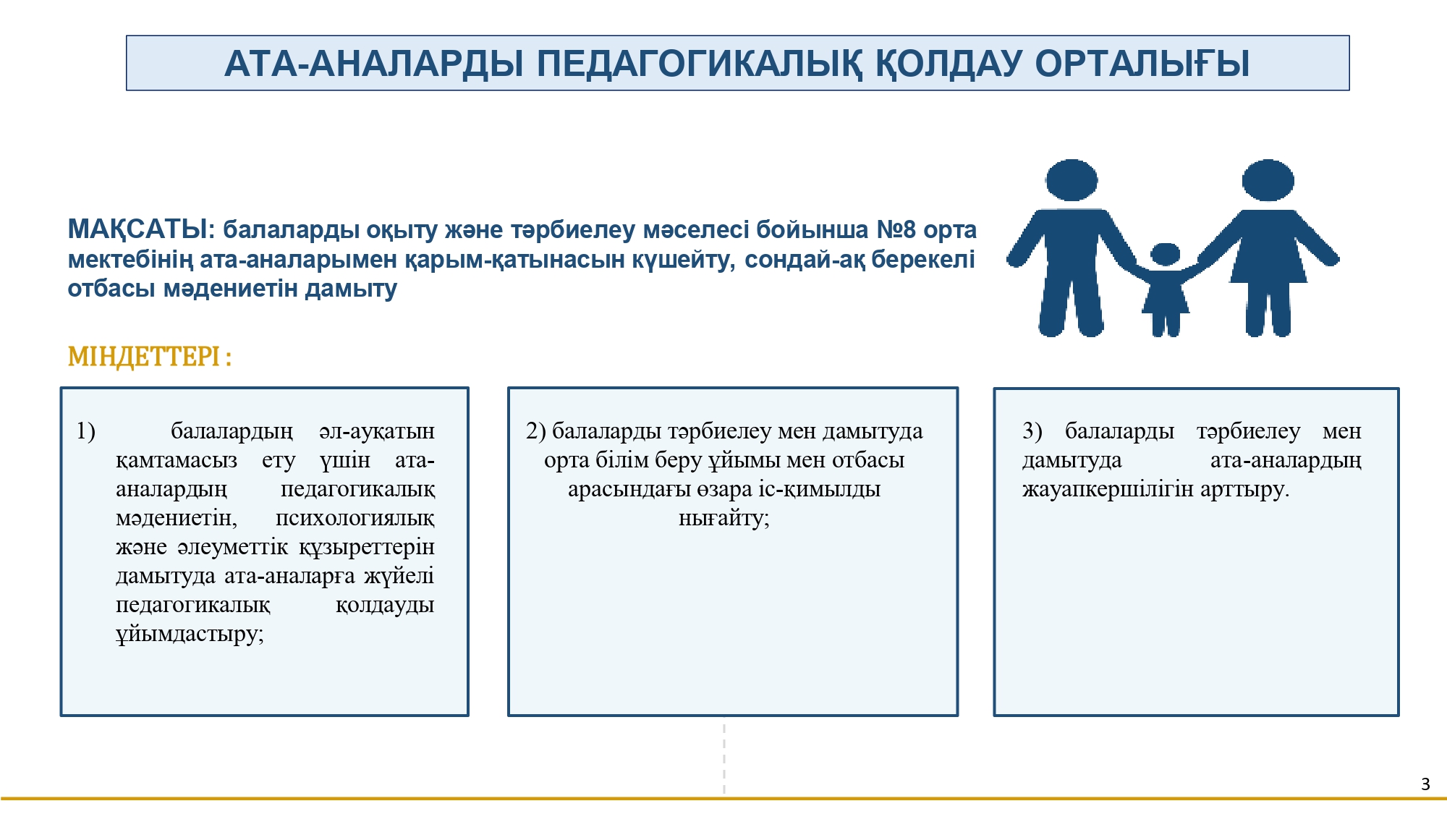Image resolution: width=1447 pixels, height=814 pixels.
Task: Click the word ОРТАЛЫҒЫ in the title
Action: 1142,64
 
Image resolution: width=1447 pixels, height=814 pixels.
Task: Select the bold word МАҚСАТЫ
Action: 137,229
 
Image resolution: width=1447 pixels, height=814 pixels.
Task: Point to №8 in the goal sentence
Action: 896,229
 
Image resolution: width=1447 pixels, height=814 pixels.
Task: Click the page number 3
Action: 1425,784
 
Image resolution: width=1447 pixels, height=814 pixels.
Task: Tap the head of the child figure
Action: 1165,254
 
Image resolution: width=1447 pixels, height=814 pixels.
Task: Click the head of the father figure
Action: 1072,180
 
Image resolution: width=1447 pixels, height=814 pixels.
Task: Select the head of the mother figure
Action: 1268,180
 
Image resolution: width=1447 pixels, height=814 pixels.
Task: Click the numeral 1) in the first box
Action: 85,431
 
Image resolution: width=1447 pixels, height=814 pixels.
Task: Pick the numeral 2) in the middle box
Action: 535,431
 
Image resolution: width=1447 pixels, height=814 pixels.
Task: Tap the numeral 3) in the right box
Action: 1032,431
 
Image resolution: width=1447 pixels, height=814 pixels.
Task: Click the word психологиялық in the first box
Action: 355,519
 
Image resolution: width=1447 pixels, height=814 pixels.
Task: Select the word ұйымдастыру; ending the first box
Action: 190,635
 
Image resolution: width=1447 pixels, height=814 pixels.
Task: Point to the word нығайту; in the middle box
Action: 724,519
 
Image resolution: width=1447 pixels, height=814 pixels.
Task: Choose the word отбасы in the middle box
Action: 868,460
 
